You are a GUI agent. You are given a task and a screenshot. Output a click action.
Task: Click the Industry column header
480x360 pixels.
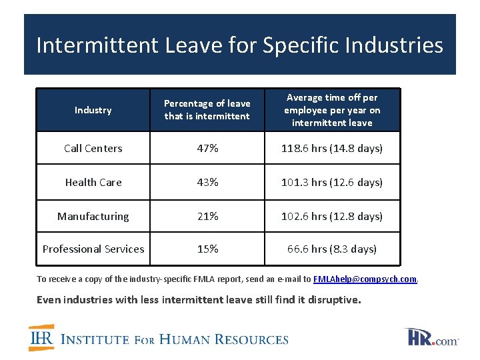93,110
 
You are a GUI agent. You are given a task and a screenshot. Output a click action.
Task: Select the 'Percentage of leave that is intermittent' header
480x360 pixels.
207,110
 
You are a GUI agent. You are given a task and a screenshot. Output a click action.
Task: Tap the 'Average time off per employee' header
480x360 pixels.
332,110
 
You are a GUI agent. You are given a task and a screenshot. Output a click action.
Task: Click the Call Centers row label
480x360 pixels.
93,148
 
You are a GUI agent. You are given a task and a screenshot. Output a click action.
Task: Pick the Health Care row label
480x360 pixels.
93,182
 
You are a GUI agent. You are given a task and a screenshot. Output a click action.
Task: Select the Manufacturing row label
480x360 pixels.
93,216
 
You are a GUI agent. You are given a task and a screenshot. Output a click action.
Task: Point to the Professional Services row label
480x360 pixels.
93,249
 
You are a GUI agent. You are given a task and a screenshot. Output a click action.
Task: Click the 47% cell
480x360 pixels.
207,148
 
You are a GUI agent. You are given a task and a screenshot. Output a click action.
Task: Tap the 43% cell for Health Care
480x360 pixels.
207,182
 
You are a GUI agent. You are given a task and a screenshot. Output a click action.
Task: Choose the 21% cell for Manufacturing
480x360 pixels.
207,216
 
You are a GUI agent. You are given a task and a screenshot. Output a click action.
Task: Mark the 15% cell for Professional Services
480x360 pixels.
207,249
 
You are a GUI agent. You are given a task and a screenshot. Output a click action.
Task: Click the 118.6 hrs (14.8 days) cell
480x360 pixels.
332,148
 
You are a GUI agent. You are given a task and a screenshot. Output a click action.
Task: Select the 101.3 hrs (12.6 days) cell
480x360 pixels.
332,182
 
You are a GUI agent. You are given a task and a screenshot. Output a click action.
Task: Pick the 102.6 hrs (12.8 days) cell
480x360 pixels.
332,216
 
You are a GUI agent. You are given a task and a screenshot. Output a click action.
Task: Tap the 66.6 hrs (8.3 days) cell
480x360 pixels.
332,249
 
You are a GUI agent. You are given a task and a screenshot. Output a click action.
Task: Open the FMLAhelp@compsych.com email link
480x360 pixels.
365,279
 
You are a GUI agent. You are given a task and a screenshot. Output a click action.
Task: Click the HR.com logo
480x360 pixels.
431,337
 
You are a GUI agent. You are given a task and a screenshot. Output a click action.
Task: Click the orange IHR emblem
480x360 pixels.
41,337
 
